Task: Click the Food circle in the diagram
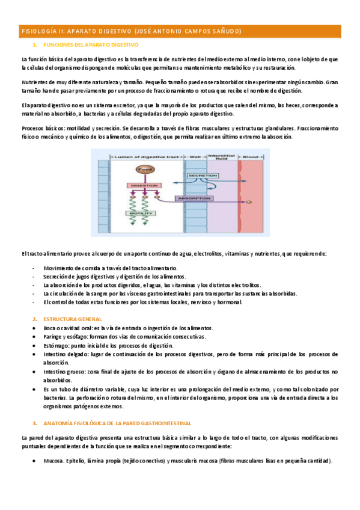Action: tap(145, 170)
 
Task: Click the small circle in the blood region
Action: tap(248, 201)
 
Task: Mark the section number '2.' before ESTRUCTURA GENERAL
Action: tap(35, 319)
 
